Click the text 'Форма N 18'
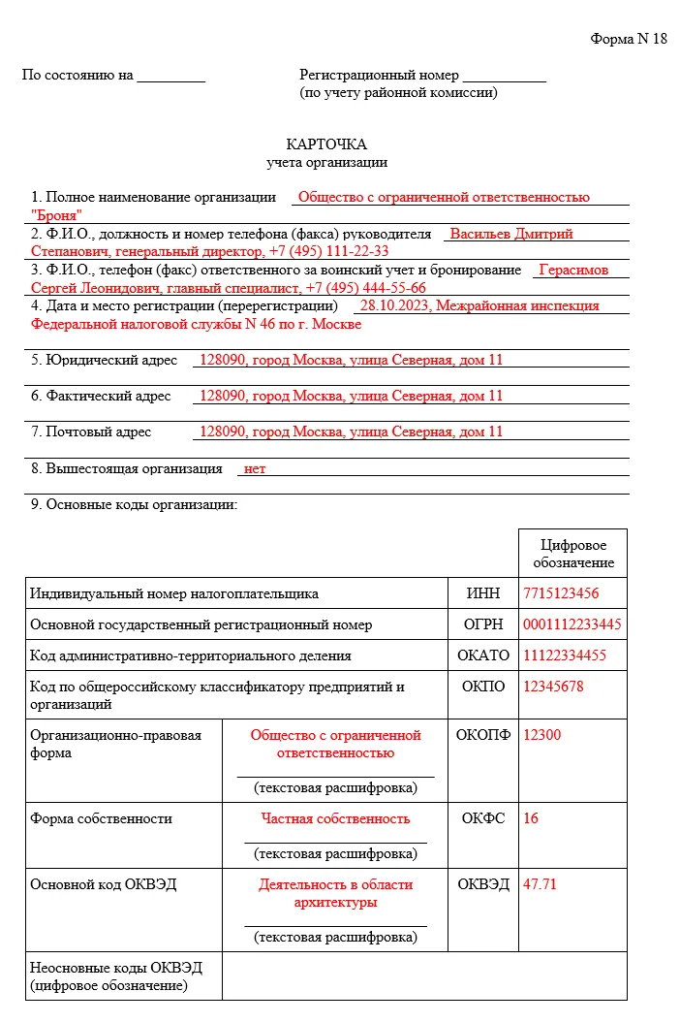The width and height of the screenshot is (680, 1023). (x=629, y=39)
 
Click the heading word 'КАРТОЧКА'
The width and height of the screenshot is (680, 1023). (x=326, y=144)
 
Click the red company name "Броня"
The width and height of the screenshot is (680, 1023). (x=56, y=215)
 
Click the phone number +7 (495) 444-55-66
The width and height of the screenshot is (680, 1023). (x=365, y=288)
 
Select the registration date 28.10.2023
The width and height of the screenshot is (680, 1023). (x=394, y=305)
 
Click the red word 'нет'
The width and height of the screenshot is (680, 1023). (x=255, y=468)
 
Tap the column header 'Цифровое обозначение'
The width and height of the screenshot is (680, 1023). (x=572, y=554)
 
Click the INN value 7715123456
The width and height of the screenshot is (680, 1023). (x=561, y=593)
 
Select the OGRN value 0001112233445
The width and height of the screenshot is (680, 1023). (x=572, y=624)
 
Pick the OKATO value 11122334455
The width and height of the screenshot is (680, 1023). (x=565, y=655)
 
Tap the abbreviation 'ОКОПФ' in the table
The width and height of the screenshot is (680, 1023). (x=482, y=735)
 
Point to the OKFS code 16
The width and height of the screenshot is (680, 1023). (x=531, y=818)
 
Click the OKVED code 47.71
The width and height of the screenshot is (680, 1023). (x=540, y=883)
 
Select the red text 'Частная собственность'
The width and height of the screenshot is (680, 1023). (x=335, y=818)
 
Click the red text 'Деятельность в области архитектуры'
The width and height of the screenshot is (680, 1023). (x=335, y=893)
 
